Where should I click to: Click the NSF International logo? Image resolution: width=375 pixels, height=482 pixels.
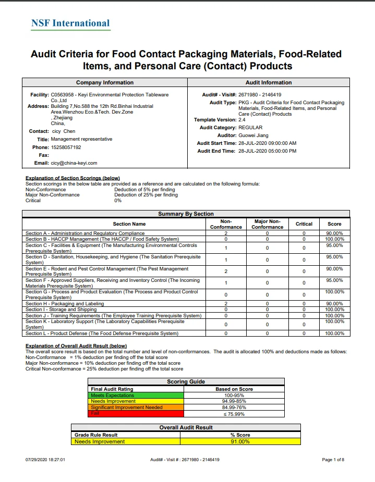pos(70,23)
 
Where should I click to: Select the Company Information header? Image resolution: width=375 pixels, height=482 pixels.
pos(104,82)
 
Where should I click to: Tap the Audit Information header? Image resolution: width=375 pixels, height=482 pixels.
pos(269,82)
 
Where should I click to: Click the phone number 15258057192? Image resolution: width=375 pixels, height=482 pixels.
pos(66,147)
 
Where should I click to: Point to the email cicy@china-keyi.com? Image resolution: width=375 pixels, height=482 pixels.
pos(74,163)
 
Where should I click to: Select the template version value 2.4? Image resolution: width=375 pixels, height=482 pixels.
pos(242,120)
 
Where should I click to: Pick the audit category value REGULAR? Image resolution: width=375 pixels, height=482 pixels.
pos(250,128)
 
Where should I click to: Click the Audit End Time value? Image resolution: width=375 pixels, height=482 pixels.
pos(267,151)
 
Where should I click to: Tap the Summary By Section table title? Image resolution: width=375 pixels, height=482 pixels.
pos(186,214)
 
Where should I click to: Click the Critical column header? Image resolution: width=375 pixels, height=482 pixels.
pos(304,224)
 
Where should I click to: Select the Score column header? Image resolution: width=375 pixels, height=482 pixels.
pos(334,224)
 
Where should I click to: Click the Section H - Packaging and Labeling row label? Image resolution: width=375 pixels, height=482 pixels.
pos(65,304)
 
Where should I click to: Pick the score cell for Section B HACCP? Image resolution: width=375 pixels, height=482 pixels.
pos(334,239)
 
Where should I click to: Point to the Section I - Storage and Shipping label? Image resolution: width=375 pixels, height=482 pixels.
pos(61,310)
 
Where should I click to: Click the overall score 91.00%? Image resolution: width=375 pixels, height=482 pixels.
pos(240,442)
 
